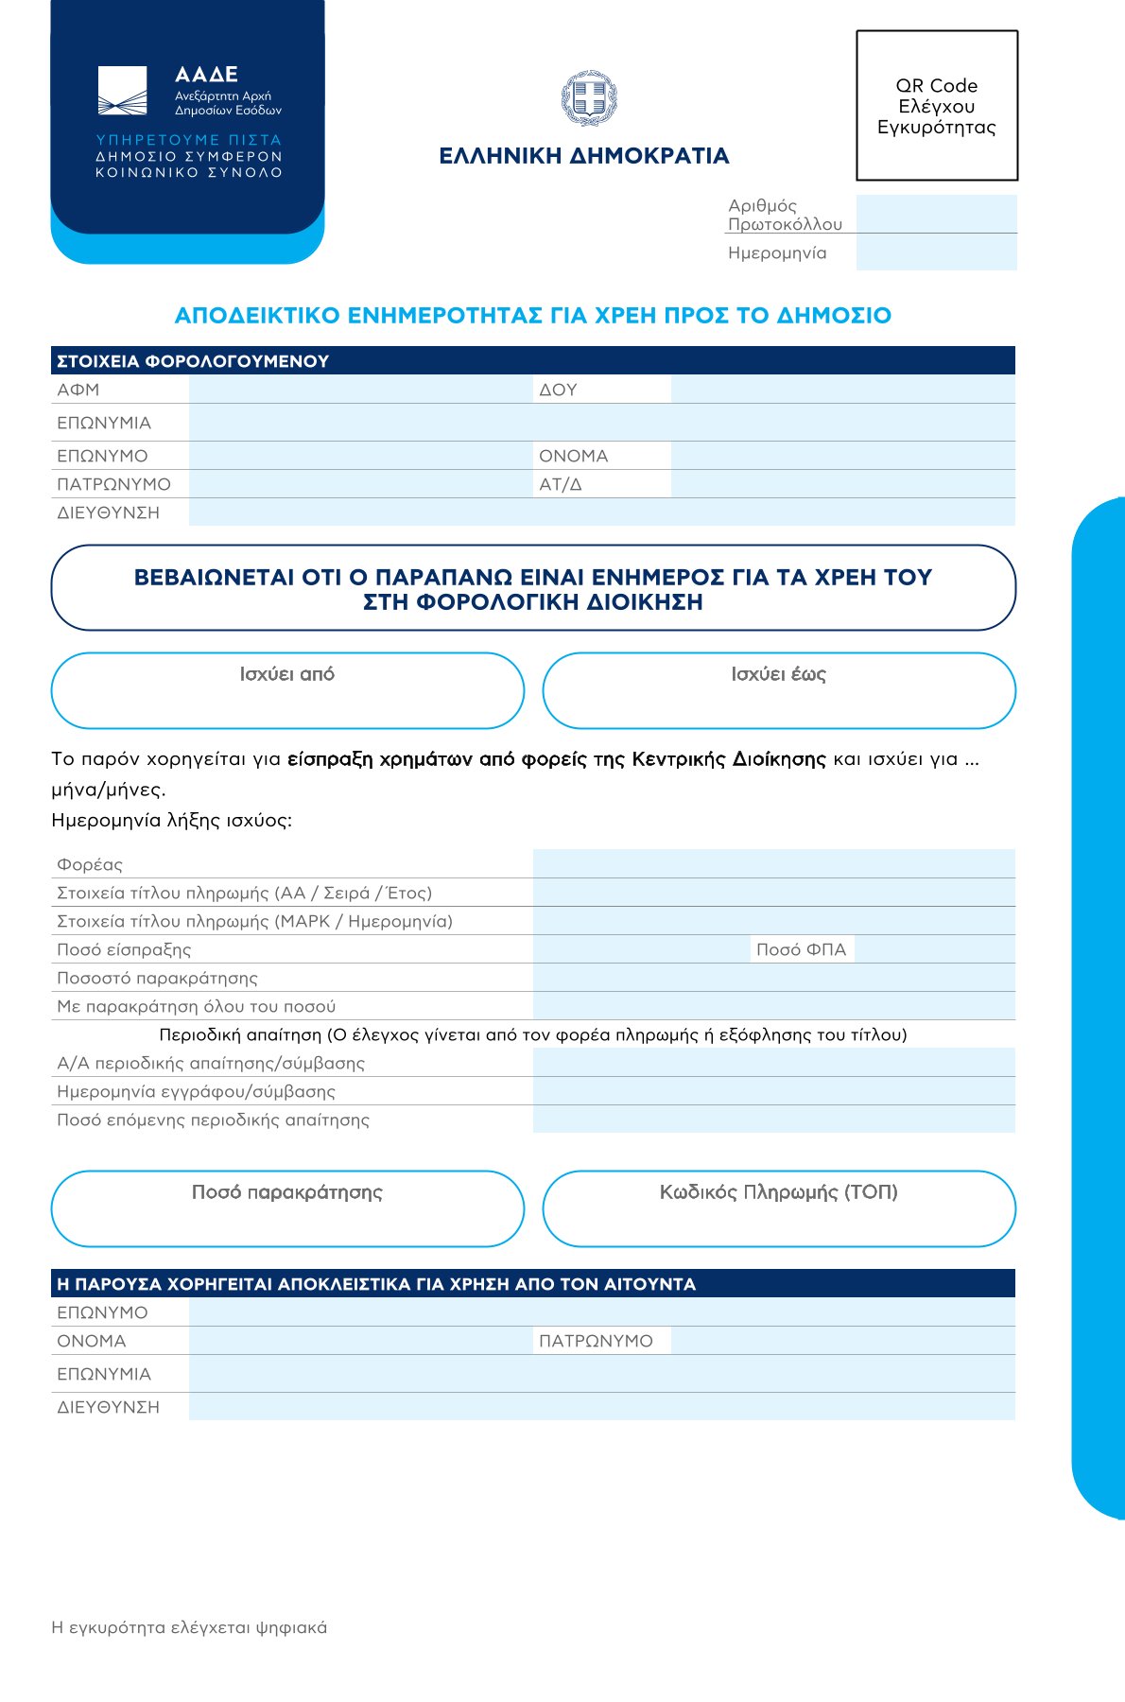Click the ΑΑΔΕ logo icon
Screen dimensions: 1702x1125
point(123,91)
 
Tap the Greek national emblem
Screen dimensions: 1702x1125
point(588,98)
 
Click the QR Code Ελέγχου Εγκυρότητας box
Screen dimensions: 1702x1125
point(936,106)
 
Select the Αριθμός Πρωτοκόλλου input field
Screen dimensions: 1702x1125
point(936,214)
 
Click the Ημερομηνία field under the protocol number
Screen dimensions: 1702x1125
point(936,252)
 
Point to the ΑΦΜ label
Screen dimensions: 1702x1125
point(78,390)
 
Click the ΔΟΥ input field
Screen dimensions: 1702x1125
point(842,390)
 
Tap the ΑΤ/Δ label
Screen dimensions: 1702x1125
point(561,484)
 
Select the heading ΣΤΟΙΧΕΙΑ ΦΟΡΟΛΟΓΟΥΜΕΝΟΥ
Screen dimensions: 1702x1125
point(193,361)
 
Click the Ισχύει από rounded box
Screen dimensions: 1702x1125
point(287,691)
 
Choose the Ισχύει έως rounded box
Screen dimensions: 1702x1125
point(779,691)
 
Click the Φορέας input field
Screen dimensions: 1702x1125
point(773,864)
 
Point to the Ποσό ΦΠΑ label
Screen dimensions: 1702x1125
point(801,949)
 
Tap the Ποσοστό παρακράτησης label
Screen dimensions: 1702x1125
point(157,978)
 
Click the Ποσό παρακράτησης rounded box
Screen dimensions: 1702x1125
point(287,1209)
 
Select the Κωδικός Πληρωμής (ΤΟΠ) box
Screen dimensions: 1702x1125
point(779,1209)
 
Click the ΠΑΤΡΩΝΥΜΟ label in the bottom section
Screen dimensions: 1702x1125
point(596,1341)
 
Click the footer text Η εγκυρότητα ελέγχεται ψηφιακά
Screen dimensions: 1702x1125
point(189,1627)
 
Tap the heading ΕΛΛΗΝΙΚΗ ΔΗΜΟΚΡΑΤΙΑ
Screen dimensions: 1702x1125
point(584,156)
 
